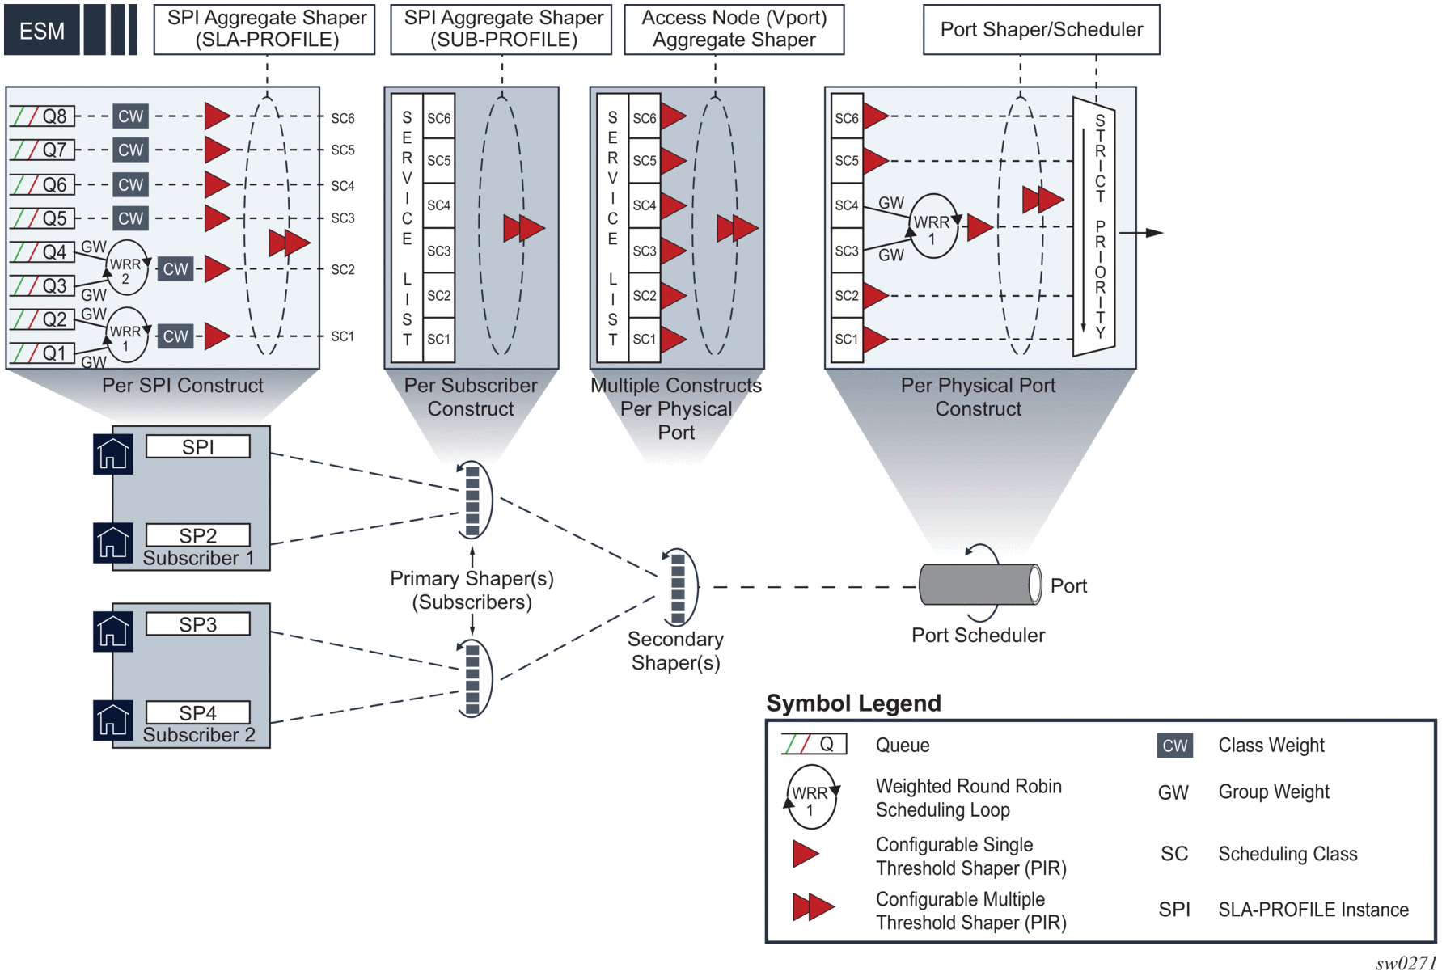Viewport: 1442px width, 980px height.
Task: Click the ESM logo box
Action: pyautogui.click(x=42, y=31)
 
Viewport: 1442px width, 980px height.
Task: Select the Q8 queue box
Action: pyautogui.click(x=43, y=116)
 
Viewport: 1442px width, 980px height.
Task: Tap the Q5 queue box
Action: pyautogui.click(x=43, y=218)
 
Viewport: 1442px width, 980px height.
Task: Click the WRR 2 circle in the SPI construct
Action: pyautogui.click(x=126, y=268)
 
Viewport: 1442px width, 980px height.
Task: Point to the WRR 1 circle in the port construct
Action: pyautogui.click(x=932, y=226)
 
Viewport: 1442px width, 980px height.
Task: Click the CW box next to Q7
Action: pyautogui.click(x=130, y=150)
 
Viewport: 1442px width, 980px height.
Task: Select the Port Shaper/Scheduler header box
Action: pyautogui.click(x=1041, y=30)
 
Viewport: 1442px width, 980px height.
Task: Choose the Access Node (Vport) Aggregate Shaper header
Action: pyautogui.click(x=734, y=30)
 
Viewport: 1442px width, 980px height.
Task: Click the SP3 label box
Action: pyautogui.click(x=198, y=624)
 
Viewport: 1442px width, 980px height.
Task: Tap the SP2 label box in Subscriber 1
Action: pyautogui.click(x=198, y=535)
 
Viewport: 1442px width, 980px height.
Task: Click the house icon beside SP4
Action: pyautogui.click(x=113, y=720)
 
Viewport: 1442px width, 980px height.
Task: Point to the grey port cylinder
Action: pyautogui.click(x=979, y=585)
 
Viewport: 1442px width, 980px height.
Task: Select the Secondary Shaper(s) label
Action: pyautogui.click(x=675, y=651)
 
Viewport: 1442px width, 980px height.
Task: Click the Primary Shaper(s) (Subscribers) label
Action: pyautogui.click(x=472, y=590)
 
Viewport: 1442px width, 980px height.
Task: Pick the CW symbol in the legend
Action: pyautogui.click(x=1174, y=746)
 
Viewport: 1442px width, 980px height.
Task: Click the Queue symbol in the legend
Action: pyautogui.click(x=814, y=744)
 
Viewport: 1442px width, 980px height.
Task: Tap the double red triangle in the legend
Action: pyautogui.click(x=813, y=907)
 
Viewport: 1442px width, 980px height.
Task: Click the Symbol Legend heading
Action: pyautogui.click(x=853, y=703)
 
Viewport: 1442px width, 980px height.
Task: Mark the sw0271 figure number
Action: pyautogui.click(x=1405, y=963)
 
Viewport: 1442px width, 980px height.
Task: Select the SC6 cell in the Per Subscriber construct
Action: pyautogui.click(x=439, y=119)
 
